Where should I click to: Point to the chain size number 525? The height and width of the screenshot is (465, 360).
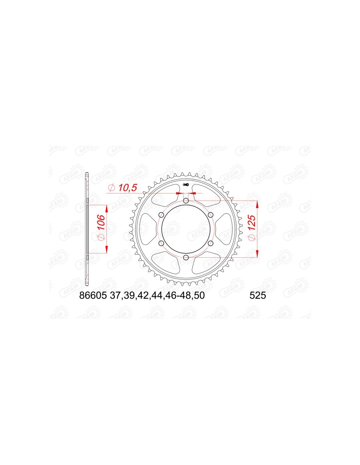(258, 296)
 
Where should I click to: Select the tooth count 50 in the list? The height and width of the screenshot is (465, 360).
(199, 296)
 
